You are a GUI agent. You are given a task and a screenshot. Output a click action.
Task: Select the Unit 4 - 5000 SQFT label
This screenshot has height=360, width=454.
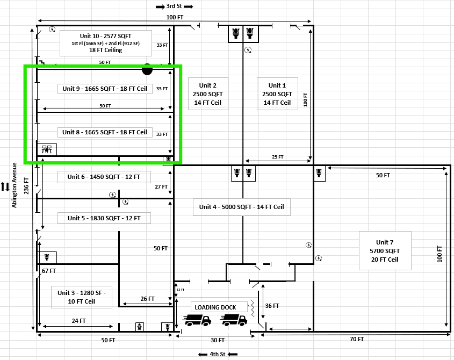point(241,207)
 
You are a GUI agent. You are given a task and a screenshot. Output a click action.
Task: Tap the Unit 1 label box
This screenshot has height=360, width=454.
point(277,94)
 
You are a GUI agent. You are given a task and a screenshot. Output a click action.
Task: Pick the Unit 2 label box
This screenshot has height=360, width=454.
point(207,94)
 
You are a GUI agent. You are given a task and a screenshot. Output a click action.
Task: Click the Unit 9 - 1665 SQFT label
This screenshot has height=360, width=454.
point(104,88)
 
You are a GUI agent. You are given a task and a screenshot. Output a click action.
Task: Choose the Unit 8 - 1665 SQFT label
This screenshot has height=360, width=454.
point(104,132)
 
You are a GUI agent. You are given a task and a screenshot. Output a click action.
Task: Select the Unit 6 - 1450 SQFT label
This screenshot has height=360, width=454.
point(104,177)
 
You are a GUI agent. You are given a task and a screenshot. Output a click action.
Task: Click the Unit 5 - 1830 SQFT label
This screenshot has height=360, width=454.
point(104,218)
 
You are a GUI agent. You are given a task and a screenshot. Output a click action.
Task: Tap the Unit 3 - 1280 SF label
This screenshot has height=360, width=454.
point(82,297)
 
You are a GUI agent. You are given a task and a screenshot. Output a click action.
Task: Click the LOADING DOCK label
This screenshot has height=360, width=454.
point(215,307)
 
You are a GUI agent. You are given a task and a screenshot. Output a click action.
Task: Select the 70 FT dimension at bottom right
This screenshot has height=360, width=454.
point(356,340)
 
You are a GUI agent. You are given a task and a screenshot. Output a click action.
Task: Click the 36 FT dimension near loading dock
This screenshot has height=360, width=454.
point(272,306)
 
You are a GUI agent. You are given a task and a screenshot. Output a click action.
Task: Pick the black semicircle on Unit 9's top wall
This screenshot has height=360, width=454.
point(147,70)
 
